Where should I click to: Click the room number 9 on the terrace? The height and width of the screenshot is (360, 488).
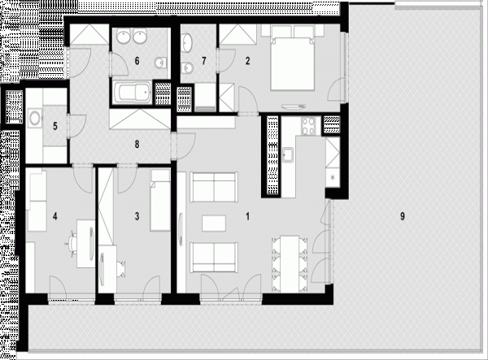coord(403,216)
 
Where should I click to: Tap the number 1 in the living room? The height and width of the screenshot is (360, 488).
coord(248,216)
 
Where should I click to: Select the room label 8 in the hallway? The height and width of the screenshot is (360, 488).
coord(137,145)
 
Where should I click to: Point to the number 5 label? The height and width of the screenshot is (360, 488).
coord(55,126)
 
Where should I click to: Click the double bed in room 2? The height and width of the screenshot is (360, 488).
coord(292,63)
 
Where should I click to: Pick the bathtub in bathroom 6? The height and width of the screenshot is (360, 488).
coord(133,93)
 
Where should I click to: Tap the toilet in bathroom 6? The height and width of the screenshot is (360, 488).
coord(160,63)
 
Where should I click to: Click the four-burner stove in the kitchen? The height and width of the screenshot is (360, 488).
coord(309,126)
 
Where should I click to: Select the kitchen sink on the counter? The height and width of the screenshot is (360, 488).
coord(288,154)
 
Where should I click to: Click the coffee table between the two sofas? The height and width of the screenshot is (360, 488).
coord(214,223)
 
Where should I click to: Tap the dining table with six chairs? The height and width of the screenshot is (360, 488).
coord(290,264)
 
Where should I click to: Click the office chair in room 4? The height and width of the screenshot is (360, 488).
coord(72,243)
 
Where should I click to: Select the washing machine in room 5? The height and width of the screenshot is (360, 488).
coord(34,118)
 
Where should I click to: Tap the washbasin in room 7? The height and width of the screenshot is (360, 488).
coord(187,42)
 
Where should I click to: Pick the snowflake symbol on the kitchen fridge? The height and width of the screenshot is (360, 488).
coord(333,178)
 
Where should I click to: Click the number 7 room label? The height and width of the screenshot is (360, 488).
coord(204,61)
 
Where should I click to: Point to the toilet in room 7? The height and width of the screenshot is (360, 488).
coord(187,67)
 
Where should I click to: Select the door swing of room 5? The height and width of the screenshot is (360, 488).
coord(77,126)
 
